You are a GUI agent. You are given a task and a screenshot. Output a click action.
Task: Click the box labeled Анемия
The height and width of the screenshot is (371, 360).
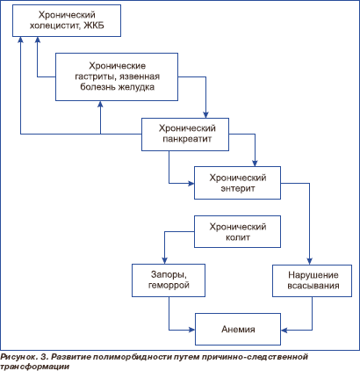[x=238, y=329]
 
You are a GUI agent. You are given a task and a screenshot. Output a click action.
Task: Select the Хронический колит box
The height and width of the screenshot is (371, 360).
[x=237, y=231]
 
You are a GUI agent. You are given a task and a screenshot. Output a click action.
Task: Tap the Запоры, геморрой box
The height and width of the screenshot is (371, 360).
[x=169, y=280]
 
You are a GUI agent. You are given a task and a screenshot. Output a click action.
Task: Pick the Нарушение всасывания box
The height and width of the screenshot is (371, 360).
[x=312, y=280]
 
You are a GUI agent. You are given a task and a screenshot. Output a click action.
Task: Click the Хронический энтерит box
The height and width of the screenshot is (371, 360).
[x=237, y=183]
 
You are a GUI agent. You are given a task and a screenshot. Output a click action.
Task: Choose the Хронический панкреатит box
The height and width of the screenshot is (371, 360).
[x=185, y=135]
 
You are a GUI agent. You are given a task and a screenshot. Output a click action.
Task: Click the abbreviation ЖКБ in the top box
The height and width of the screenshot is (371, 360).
[x=94, y=25]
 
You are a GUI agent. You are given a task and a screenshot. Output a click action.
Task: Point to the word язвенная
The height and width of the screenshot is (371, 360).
[x=140, y=76]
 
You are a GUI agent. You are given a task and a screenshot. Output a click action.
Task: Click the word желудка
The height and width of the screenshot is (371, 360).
[x=136, y=87]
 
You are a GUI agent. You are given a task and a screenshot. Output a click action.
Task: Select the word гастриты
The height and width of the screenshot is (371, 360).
[x=96, y=77]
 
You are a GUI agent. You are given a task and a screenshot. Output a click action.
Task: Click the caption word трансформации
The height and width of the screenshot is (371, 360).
[x=34, y=367]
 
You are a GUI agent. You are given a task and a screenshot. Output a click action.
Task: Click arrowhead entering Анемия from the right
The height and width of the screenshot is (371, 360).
[x=284, y=330]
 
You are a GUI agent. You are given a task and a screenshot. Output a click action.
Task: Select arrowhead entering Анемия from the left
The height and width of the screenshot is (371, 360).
[x=192, y=330]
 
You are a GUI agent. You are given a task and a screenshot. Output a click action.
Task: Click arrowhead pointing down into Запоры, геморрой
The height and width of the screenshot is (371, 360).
[x=164, y=261]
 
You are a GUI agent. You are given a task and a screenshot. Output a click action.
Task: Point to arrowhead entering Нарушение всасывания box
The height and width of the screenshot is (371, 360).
[x=309, y=262]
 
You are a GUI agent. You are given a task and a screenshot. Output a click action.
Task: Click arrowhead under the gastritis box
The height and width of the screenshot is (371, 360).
[x=100, y=104]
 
